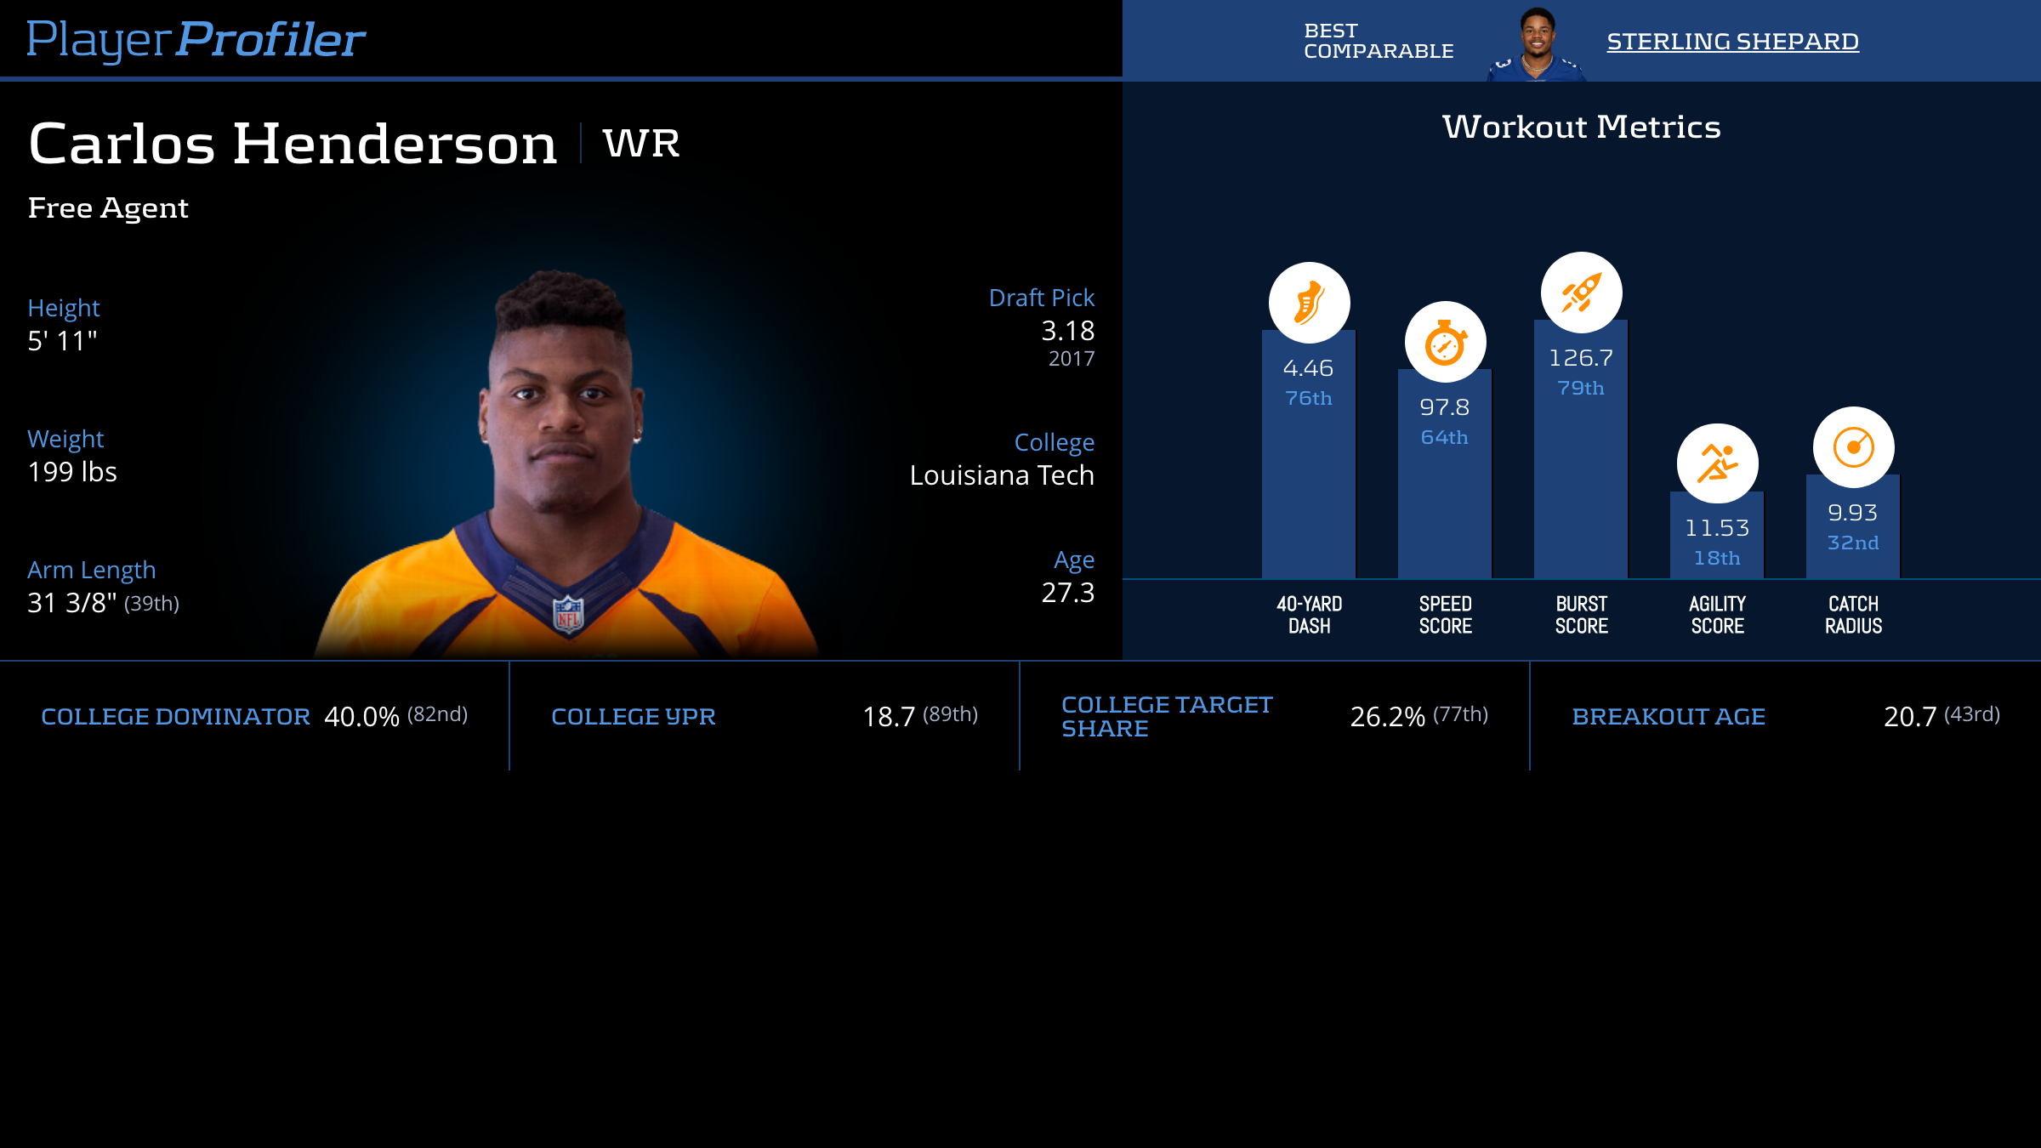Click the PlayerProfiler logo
pos(196,39)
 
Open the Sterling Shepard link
pos(1732,41)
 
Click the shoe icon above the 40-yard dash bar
pos(1309,303)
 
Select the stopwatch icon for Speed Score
pos(1445,342)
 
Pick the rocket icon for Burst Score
pos(1581,293)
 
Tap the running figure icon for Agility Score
pos(1717,463)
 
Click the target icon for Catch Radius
pos(1853,447)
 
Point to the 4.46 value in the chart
pos(1308,368)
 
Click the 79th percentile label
pos(1581,388)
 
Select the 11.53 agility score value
pos(1717,528)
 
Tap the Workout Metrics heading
pos(1581,127)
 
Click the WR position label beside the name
pos(641,143)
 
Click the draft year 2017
pos(1071,359)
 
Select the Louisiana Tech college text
pos(1001,475)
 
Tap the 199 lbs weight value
pos(72,472)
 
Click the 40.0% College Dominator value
pos(361,717)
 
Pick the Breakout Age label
pos(1669,717)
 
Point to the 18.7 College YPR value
pos(889,717)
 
